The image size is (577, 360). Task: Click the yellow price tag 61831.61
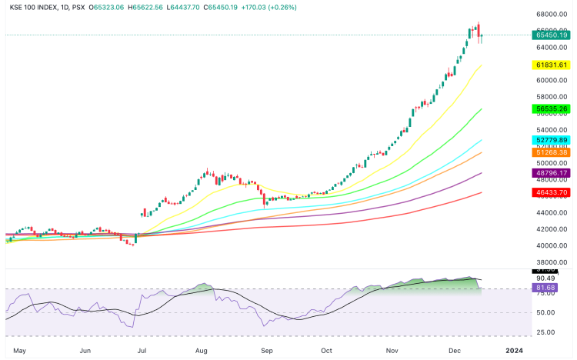click(x=552, y=66)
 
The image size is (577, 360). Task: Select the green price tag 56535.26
click(x=552, y=109)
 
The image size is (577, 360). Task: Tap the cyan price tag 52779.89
click(x=552, y=140)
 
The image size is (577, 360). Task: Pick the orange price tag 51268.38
click(x=552, y=152)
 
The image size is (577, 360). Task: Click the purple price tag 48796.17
click(x=552, y=173)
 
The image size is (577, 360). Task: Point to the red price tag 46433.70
click(x=552, y=192)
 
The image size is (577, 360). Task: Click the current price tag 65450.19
click(x=552, y=35)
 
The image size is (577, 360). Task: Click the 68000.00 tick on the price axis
click(x=552, y=14)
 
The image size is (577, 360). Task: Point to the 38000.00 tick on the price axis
click(x=552, y=262)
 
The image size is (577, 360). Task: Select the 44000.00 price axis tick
click(x=552, y=212)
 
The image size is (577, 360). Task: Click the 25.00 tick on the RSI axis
click(x=545, y=332)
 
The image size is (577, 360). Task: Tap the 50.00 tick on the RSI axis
click(x=545, y=312)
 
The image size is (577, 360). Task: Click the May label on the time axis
click(x=21, y=350)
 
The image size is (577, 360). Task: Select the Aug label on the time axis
click(x=202, y=350)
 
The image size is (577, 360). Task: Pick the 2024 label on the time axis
click(x=515, y=350)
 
